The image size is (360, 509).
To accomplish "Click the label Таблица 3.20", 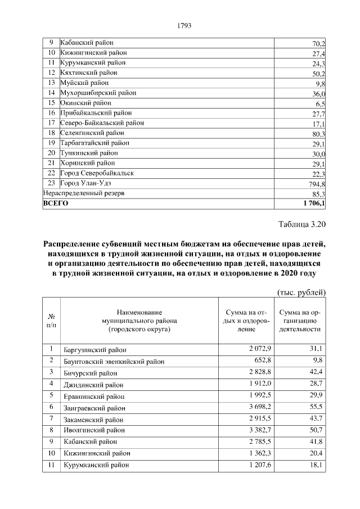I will (302, 226).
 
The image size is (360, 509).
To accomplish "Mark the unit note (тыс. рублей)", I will (301, 292).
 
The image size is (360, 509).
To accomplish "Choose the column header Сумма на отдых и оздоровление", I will (244, 321).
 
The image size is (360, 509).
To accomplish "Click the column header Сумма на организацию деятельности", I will (300, 321).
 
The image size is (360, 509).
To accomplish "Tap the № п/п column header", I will (51, 321).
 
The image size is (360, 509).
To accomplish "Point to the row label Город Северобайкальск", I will (97, 173).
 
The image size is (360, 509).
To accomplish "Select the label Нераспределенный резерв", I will (83, 193).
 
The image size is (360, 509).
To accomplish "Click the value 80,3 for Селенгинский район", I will (318, 133).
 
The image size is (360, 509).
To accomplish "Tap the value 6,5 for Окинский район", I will (320, 103).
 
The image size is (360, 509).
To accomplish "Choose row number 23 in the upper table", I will (51, 183).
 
